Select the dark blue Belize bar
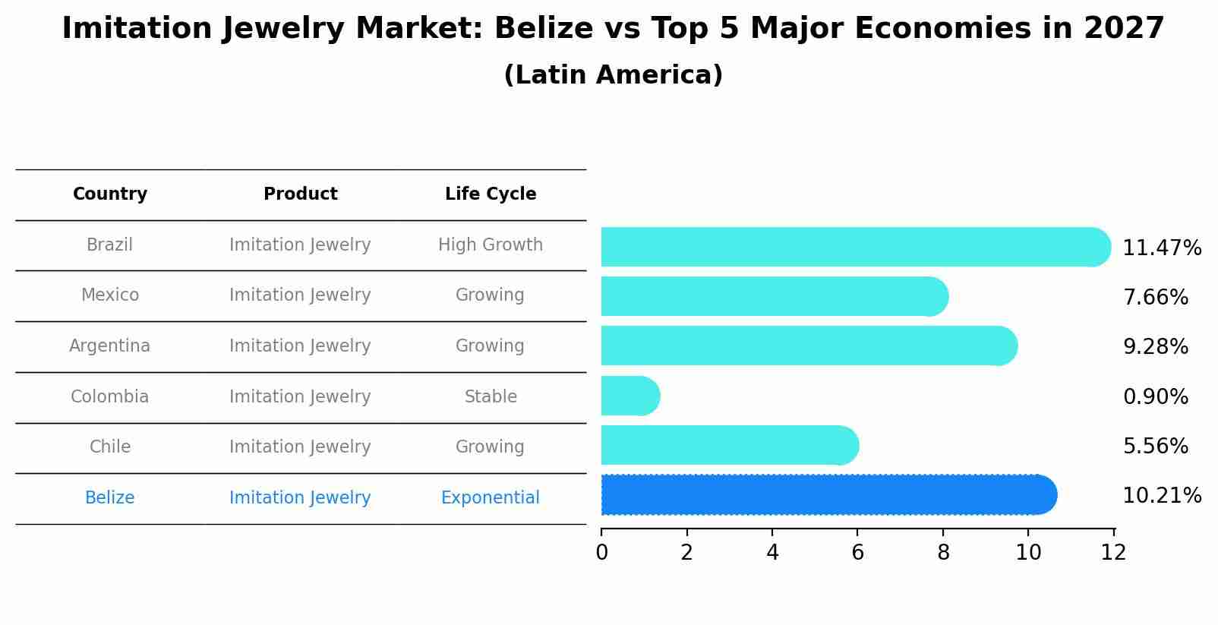[828, 495]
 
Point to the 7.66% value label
[1155, 297]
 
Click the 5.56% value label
[1155, 446]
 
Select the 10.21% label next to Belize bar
[1161, 495]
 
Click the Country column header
[110, 194]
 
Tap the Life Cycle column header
[491, 194]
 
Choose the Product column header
[300, 194]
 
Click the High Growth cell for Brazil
[491, 245]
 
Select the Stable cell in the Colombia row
[491, 396]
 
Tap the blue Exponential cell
[491, 497]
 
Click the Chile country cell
[110, 447]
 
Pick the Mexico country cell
[110, 295]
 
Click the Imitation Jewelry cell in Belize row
[300, 497]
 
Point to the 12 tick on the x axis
[1113, 552]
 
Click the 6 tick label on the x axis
[857, 552]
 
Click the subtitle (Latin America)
[613, 74]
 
